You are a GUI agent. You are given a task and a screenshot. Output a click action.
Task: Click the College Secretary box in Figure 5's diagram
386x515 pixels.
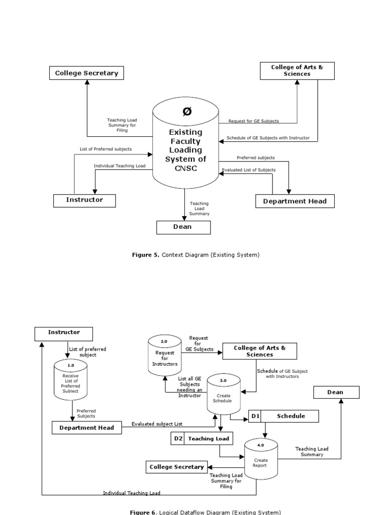tap(86, 73)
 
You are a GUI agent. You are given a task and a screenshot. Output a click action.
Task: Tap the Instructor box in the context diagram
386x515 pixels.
tap(84, 200)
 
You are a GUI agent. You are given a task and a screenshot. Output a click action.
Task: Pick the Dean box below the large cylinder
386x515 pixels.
tap(183, 227)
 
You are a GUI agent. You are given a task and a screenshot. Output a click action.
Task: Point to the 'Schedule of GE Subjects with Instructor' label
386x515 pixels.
tap(268, 138)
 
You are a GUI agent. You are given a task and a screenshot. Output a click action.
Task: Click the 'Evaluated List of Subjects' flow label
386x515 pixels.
tap(249, 170)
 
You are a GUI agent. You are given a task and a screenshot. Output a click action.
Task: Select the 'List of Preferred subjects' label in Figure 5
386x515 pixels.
tap(106, 149)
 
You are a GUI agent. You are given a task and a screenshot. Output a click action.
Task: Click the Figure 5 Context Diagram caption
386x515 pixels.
tap(196, 255)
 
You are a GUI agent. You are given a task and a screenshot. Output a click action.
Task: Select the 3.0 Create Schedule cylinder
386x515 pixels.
tap(224, 395)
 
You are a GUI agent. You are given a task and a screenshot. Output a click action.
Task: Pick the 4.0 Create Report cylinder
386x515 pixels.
tap(260, 459)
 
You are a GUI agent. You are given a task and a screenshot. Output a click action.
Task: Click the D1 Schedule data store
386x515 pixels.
tap(284, 416)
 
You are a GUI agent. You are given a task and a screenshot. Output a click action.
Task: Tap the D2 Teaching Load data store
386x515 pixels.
tap(202, 439)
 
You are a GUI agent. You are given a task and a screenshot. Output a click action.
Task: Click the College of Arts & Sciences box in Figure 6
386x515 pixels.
tap(259, 351)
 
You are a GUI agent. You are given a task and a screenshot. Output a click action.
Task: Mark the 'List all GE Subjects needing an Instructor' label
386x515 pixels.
tap(189, 387)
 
